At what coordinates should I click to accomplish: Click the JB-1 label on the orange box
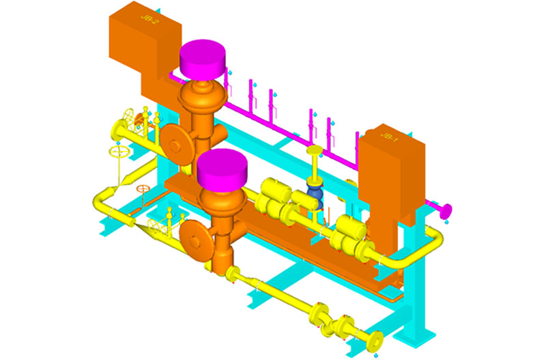tap(388, 137)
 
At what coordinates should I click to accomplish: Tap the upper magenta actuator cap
tap(202, 58)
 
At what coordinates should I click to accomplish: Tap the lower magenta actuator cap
tap(222, 169)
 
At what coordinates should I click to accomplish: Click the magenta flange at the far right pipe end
tap(446, 211)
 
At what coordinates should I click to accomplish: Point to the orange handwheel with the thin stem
tap(143, 189)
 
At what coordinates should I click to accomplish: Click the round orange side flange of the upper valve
tap(177, 145)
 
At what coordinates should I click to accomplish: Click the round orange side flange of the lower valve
tap(195, 240)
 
